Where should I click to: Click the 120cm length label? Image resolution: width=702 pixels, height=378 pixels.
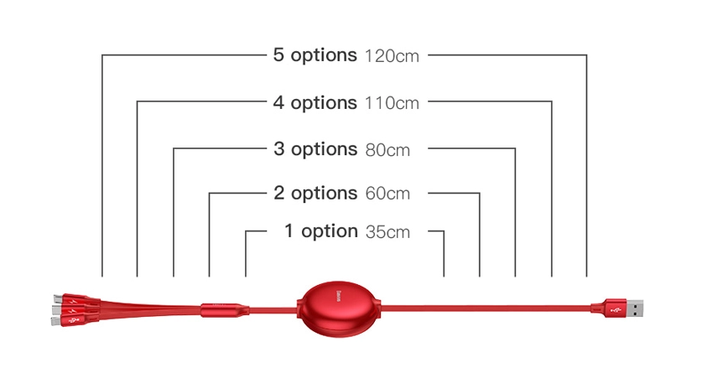click(x=392, y=56)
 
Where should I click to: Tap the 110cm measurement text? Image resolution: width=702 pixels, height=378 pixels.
click(x=392, y=103)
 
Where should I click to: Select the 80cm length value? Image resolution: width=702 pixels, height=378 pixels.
click(x=387, y=150)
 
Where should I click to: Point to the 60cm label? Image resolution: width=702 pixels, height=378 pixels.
click(x=387, y=194)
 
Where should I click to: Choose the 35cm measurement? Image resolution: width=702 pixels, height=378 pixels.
click(x=387, y=231)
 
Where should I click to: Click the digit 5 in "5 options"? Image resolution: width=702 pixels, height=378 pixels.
click(x=278, y=55)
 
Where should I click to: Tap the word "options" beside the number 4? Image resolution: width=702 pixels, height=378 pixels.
click(x=324, y=104)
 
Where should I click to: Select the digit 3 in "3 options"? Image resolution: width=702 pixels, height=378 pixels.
click(x=279, y=149)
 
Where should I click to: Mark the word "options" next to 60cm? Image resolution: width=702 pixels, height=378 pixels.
click(x=324, y=194)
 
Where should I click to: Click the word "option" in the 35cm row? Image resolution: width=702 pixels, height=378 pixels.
click(x=330, y=232)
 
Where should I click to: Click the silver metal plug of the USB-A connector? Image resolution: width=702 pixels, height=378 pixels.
click(x=634, y=308)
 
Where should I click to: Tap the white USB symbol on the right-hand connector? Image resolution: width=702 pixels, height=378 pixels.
click(x=615, y=309)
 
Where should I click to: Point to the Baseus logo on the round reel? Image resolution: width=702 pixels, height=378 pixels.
click(x=339, y=296)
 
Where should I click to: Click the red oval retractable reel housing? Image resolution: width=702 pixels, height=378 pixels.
click(x=339, y=308)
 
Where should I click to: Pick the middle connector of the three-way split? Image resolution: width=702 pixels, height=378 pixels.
click(x=75, y=310)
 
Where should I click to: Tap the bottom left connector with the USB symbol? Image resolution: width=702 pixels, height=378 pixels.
click(x=74, y=320)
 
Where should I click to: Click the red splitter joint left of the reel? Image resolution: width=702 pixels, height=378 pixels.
click(x=224, y=309)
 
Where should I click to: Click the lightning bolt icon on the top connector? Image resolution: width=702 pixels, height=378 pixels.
click(x=75, y=302)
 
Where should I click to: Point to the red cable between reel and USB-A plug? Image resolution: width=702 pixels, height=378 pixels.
click(x=486, y=308)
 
